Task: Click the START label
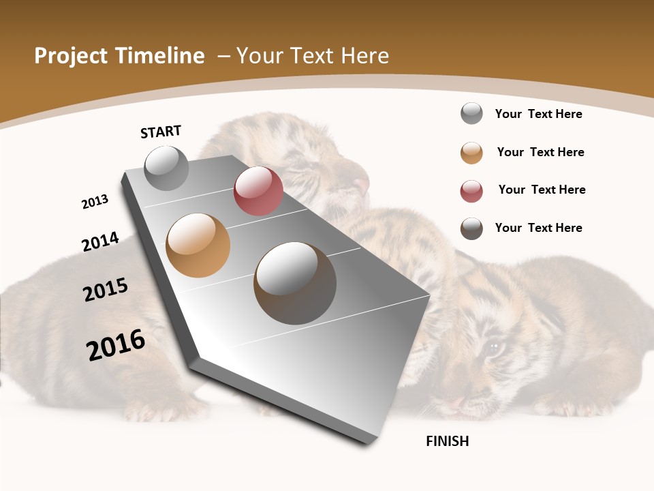tap(161, 131)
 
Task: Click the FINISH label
tap(447, 441)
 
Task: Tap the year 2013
tap(95, 202)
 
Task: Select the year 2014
tap(100, 241)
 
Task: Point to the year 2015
tap(106, 290)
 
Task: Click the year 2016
tap(116, 344)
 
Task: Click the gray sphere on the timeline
tap(166, 168)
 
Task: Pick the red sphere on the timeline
tap(258, 191)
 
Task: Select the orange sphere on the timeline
tap(198, 245)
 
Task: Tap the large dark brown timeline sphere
tap(295, 283)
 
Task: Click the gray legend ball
tap(471, 113)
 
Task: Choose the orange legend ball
tap(471, 153)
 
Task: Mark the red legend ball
tap(471, 191)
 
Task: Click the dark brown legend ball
tap(471, 228)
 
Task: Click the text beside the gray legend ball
tap(538, 114)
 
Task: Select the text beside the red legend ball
tap(542, 190)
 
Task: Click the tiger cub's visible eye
tap(493, 349)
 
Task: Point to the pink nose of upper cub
tap(362, 183)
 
